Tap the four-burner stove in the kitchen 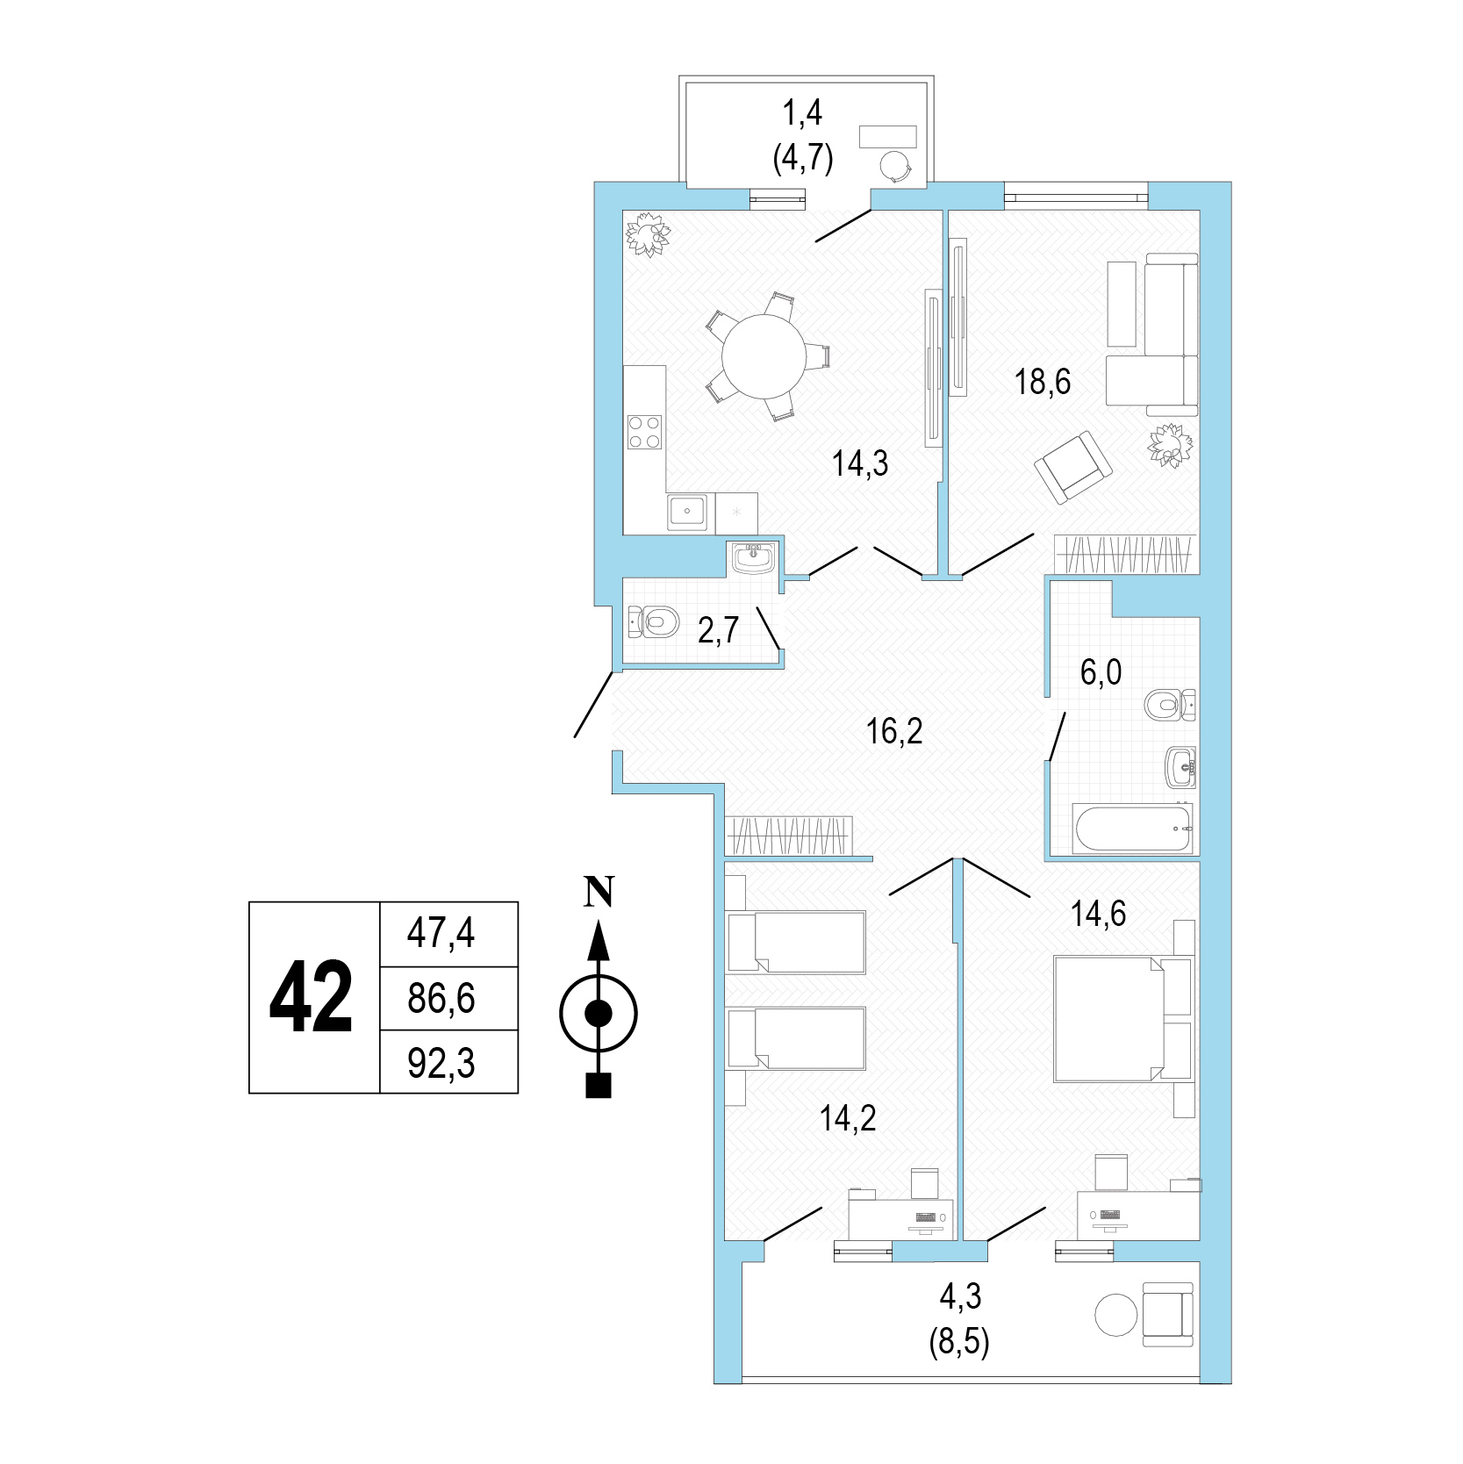643,431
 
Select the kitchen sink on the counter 688,512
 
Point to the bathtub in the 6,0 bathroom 1133,827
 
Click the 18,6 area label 1043,383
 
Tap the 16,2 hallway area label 894,730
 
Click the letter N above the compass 599,892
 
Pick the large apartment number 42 311,997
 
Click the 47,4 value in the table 441,933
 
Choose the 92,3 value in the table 441,1063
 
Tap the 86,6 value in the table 441,998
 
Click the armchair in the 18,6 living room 1072,466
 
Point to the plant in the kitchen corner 648,234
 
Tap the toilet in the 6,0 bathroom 1171,704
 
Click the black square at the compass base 599,1086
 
